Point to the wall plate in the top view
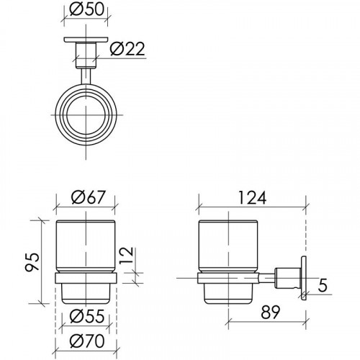pyautogui.click(x=86, y=40)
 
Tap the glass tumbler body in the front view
pyautogui.click(x=86, y=241)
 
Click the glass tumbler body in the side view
pyautogui.click(x=228, y=241)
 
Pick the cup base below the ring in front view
pyautogui.click(x=86, y=292)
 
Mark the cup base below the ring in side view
pyautogui.click(x=228, y=292)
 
